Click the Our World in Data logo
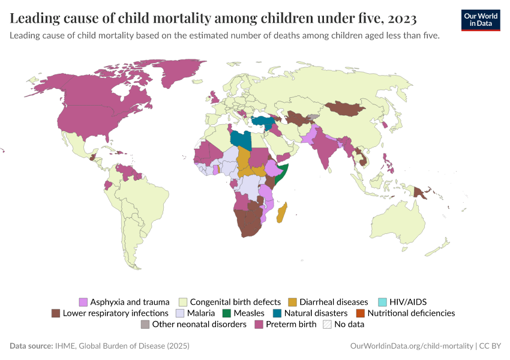(x=481, y=19)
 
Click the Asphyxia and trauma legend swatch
(x=83, y=302)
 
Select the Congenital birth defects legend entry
(x=235, y=302)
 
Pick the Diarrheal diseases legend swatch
(x=293, y=302)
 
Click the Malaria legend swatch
(x=180, y=313)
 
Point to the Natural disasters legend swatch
(x=277, y=313)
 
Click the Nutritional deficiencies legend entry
(x=411, y=313)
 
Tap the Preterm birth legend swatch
(x=259, y=324)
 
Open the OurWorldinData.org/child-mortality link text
(x=412, y=346)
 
